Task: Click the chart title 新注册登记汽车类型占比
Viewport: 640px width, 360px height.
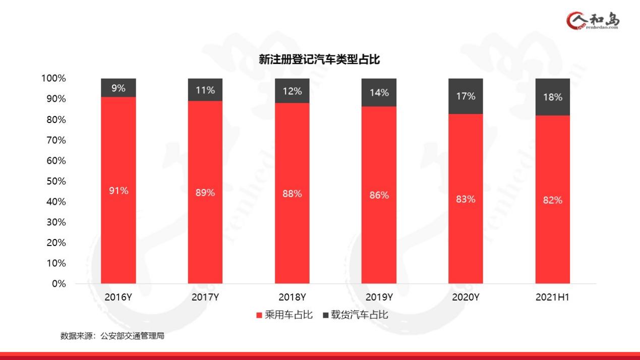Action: coord(319,60)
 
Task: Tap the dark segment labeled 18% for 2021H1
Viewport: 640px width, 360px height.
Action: coord(552,97)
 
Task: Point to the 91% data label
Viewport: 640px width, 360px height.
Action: coord(119,191)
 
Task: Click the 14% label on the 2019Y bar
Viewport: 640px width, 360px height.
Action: coord(379,93)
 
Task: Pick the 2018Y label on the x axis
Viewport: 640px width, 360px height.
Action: coord(292,297)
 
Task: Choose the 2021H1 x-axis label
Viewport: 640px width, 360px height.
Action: coord(552,297)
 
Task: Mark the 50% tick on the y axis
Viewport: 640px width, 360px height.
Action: coord(53,181)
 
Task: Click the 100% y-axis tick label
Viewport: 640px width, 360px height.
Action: coord(53,79)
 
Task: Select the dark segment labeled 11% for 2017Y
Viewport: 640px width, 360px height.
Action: coord(205,90)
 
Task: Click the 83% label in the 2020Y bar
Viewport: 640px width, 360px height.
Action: coord(466,199)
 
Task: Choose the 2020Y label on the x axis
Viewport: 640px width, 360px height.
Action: coord(466,297)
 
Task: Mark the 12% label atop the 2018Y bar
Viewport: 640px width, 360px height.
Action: coord(292,91)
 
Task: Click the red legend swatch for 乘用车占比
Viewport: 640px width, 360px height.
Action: coord(259,316)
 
